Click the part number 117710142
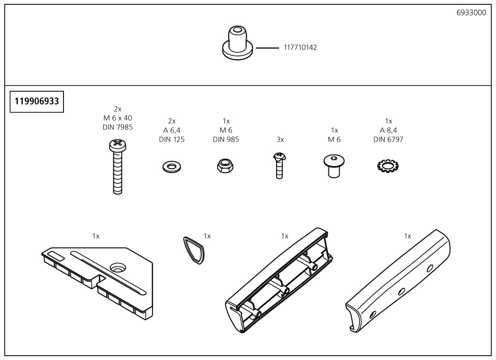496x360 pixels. [300, 47]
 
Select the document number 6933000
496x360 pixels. [471, 13]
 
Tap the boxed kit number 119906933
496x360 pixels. [37, 102]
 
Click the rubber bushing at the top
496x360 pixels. [237, 44]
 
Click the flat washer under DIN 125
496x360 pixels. [171, 167]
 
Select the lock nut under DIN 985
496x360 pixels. [225, 167]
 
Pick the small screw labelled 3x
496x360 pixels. [279, 165]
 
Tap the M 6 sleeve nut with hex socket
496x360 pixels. [334, 166]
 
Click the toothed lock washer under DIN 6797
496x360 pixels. [388, 167]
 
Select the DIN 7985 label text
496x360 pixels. [117, 127]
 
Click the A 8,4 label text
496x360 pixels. [388, 130]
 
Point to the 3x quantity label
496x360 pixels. [280, 140]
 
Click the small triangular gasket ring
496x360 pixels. [194, 250]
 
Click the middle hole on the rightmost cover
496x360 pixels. [401, 292]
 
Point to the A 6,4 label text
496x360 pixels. [171, 130]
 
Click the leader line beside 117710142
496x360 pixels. [267, 48]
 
